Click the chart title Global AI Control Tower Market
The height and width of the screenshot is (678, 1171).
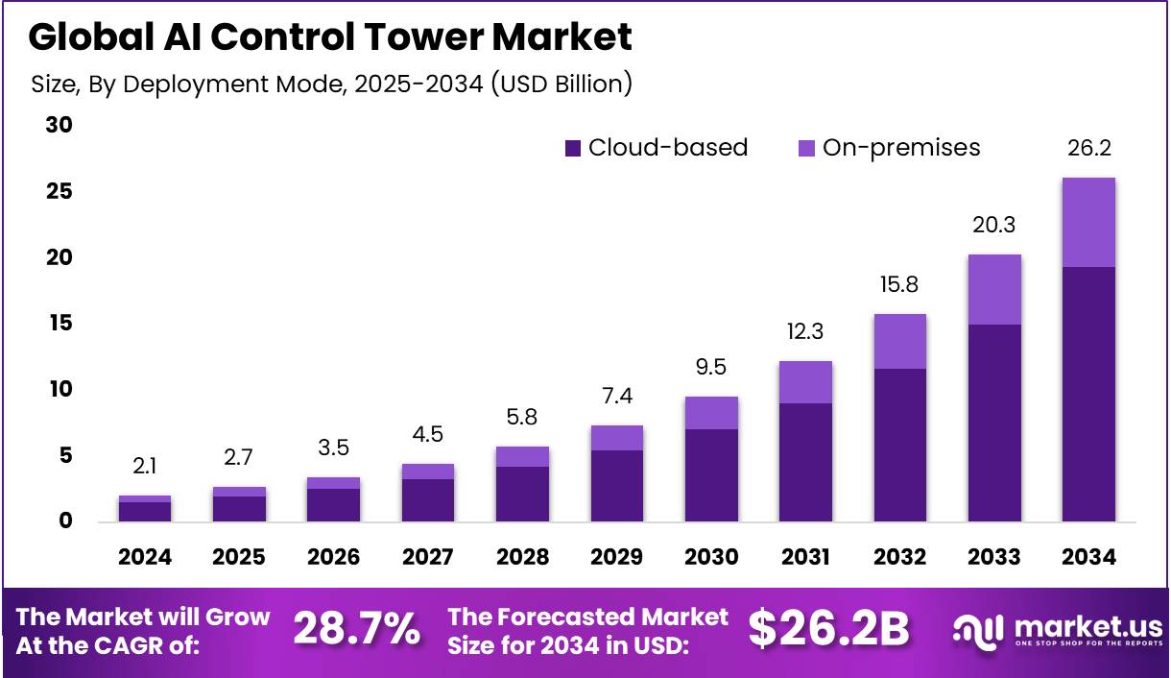tap(330, 36)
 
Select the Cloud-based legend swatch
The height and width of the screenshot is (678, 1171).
tap(573, 148)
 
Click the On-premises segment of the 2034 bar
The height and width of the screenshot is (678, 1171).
tap(1088, 222)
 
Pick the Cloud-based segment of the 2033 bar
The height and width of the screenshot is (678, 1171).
tap(994, 423)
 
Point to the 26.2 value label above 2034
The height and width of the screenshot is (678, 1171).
tap(1088, 149)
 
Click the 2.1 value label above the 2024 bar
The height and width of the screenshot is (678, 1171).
tap(145, 467)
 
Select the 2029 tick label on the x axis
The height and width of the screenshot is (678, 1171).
tap(616, 558)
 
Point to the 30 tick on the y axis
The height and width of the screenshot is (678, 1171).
tap(60, 126)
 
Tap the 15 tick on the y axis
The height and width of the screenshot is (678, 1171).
tap(60, 324)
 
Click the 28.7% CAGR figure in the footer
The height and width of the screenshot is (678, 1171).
tap(356, 630)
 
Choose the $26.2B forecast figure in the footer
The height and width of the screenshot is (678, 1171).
tap(828, 630)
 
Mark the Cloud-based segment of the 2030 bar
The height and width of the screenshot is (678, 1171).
tap(711, 474)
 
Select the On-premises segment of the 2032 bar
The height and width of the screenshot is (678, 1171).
tap(900, 341)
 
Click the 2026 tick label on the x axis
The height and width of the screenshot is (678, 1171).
tap(333, 558)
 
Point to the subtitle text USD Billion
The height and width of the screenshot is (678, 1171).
tap(561, 85)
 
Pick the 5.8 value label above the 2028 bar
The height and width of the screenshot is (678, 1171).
tap(522, 418)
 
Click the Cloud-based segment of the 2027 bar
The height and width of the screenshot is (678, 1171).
tap(428, 499)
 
